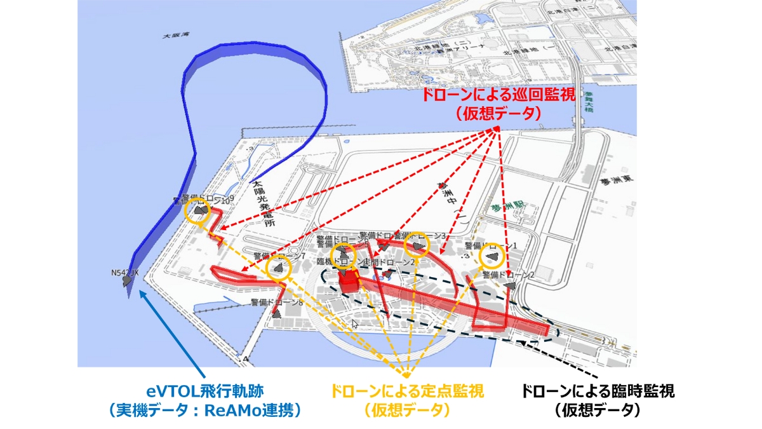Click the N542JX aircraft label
pos(124,273)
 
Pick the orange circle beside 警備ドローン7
pos(278,269)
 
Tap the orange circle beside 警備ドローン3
pos(417,246)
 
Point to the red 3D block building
pos(349,282)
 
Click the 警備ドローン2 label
pos(508,275)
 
